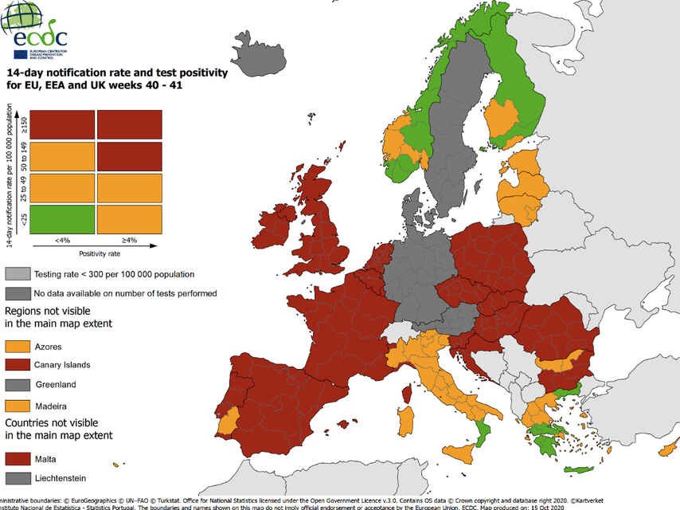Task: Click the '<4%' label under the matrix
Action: click(x=63, y=240)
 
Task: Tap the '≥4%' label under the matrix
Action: click(x=130, y=240)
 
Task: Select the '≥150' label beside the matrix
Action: click(x=25, y=124)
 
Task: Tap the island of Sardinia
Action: click(x=405, y=422)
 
